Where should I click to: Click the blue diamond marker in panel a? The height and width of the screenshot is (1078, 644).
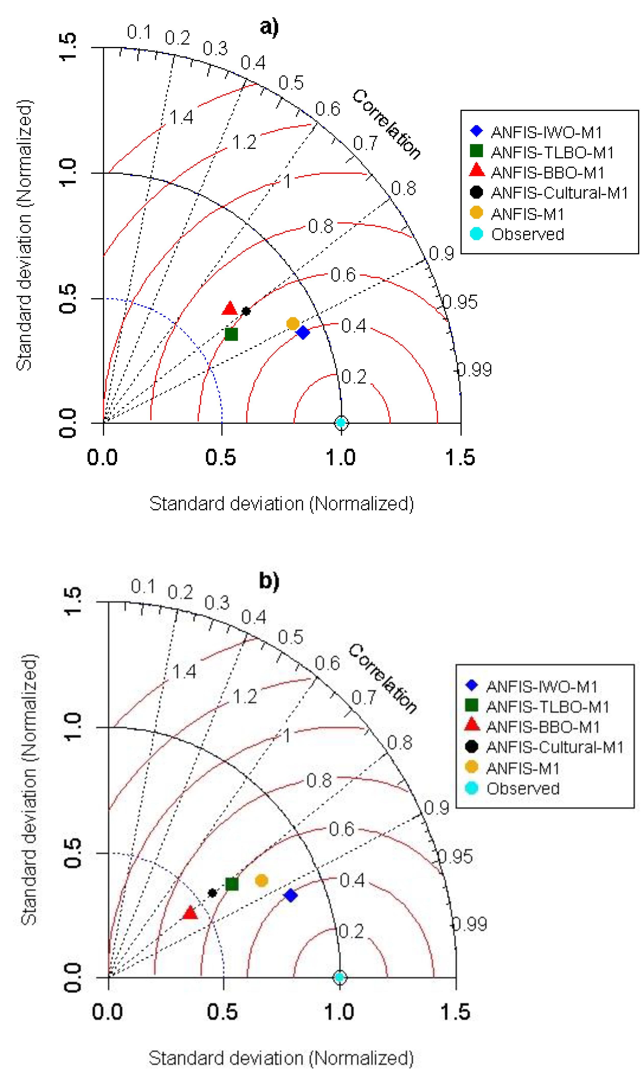click(x=303, y=333)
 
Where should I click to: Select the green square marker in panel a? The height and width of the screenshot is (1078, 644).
click(x=231, y=334)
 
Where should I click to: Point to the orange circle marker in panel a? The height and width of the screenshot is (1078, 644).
click(x=293, y=323)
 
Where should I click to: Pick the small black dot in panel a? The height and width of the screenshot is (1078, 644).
click(x=246, y=311)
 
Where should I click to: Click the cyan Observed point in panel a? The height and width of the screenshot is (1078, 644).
click(x=342, y=422)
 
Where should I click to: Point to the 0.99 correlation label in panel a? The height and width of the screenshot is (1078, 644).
click(x=475, y=370)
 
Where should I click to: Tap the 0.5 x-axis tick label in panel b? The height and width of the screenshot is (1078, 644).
click(x=222, y=1012)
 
